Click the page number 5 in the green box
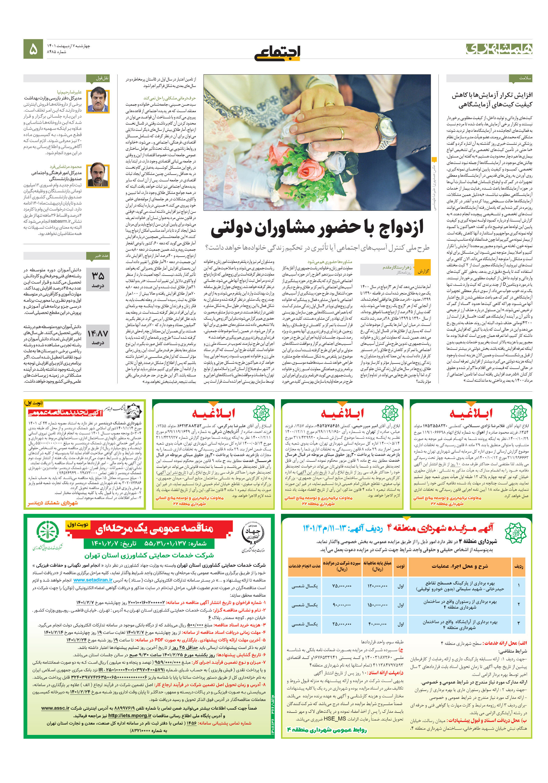click(x=33, y=49)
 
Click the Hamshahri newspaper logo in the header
click(x=498, y=49)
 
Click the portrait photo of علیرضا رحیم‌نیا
click(x=98, y=101)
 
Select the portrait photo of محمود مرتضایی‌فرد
click(x=98, y=175)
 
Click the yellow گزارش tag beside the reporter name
click(x=423, y=271)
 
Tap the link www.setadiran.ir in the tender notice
click(x=93, y=580)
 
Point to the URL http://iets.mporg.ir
click(x=129, y=715)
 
